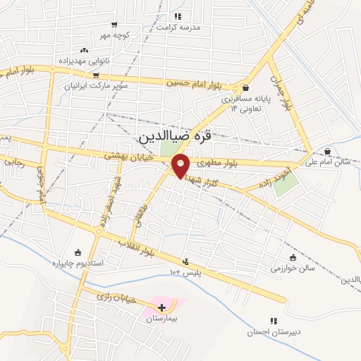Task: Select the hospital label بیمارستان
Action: (x=160, y=319)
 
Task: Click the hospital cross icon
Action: (x=162, y=307)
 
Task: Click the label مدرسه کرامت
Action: (x=178, y=27)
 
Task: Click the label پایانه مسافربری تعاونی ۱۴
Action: (x=240, y=104)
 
